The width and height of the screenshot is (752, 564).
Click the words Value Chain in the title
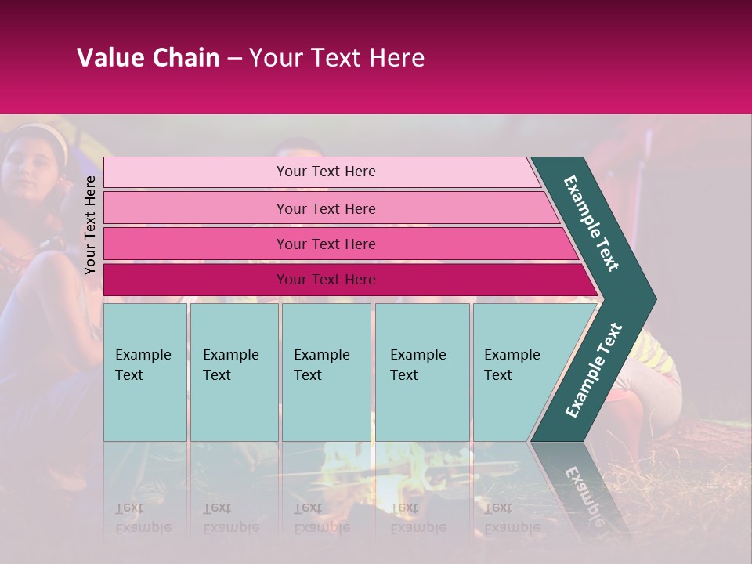point(148,58)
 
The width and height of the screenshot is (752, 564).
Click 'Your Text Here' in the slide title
point(337,58)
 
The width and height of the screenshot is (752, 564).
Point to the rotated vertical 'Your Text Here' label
point(91,225)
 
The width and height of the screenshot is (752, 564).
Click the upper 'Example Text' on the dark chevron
point(591,223)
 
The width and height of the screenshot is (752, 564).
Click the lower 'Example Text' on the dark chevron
point(593,371)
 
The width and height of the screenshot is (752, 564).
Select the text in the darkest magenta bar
point(326,280)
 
